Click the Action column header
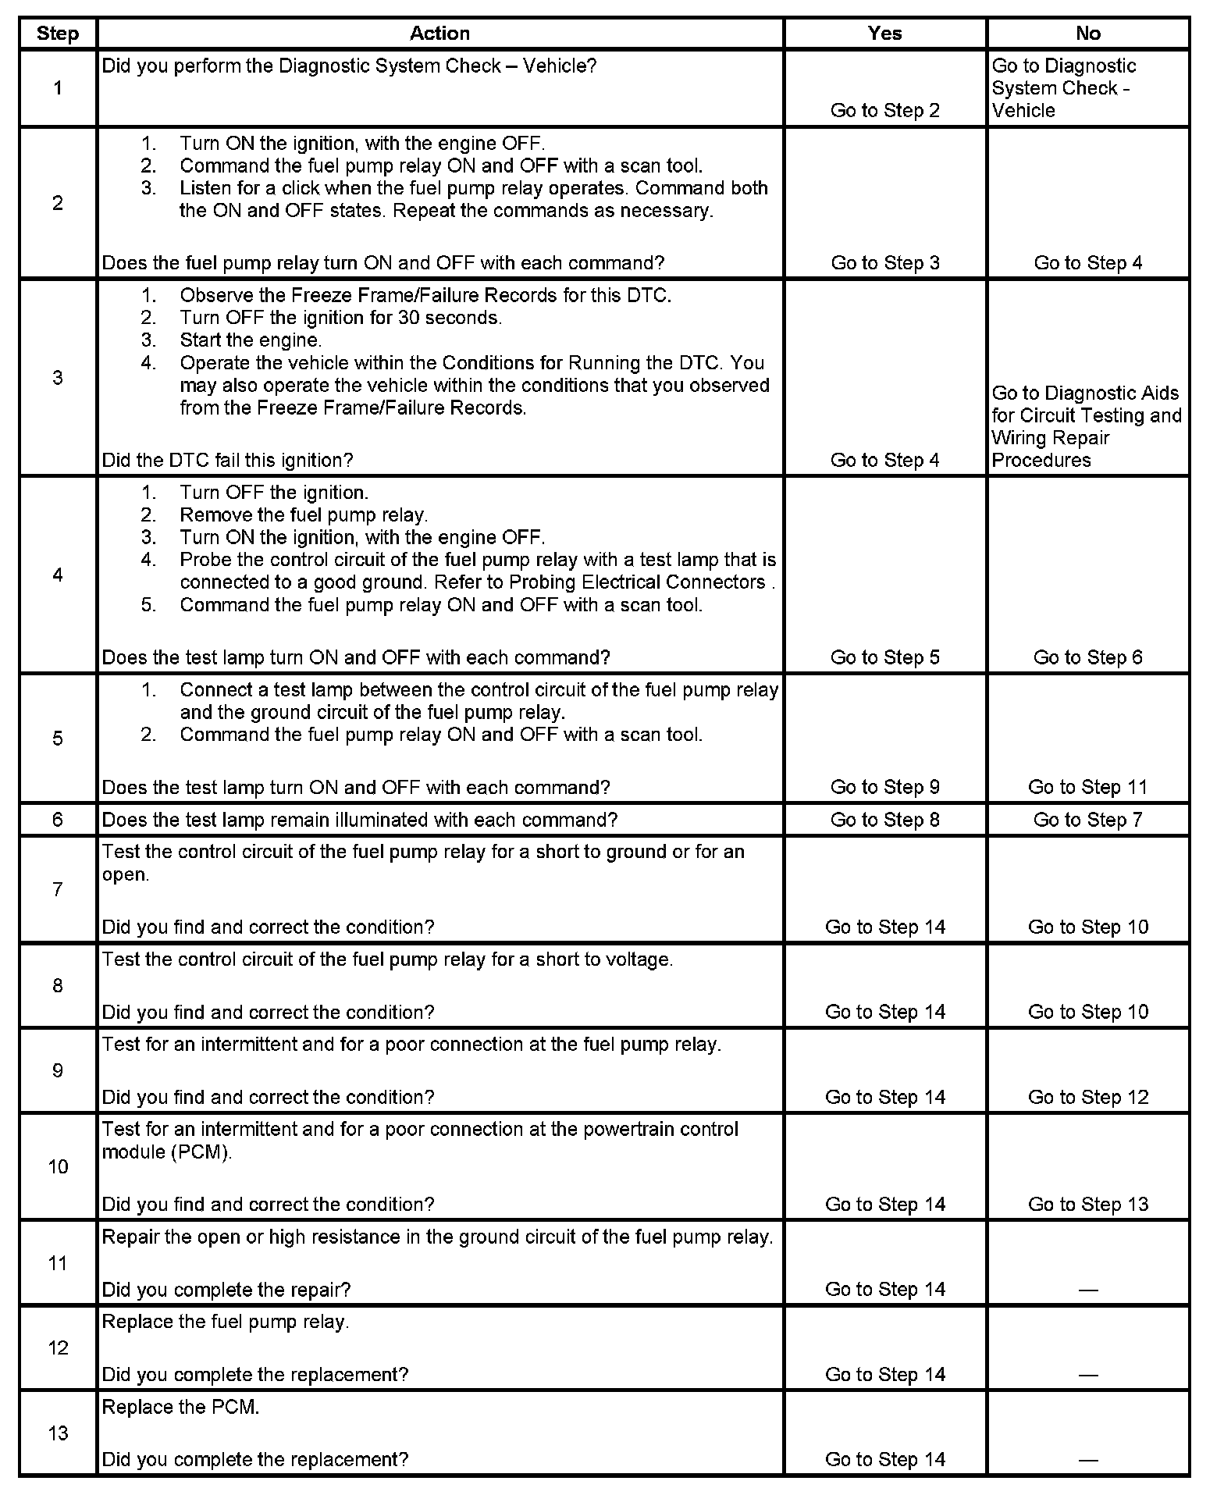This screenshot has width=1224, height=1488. pos(439,34)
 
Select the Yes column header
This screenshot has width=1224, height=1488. pos(884,34)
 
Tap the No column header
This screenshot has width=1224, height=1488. pos(1087,34)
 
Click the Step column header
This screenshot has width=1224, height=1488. pos(58,34)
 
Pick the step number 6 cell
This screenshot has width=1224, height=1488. pos(58,820)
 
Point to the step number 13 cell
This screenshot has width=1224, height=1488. pos(58,1433)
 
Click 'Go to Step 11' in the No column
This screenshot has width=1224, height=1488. pos(1087,787)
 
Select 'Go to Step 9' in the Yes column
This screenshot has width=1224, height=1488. pos(884,787)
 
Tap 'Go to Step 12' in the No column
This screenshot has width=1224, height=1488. pos(1087,1097)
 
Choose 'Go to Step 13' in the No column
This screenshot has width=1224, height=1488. pos(1087,1204)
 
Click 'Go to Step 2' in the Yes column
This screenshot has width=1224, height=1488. pos(884,110)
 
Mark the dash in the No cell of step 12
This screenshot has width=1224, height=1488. pos(1087,1375)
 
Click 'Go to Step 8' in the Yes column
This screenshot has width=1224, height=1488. pos(884,820)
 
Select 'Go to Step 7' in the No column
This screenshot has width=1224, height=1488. pos(1087,820)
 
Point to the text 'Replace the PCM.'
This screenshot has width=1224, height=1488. pos(180,1407)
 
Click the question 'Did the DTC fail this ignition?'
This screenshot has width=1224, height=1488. pos(227,460)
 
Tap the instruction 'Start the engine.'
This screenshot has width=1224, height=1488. pos(251,340)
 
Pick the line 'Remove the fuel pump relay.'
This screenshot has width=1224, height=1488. pos(304,515)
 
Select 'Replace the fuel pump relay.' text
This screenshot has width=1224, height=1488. pos(226,1322)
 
